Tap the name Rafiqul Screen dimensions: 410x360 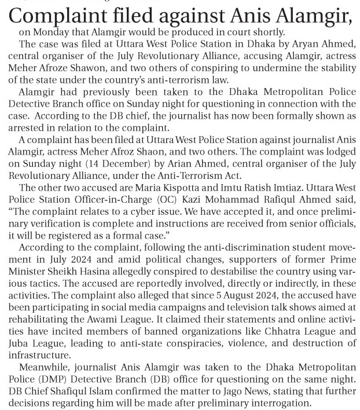coord(266,199)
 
